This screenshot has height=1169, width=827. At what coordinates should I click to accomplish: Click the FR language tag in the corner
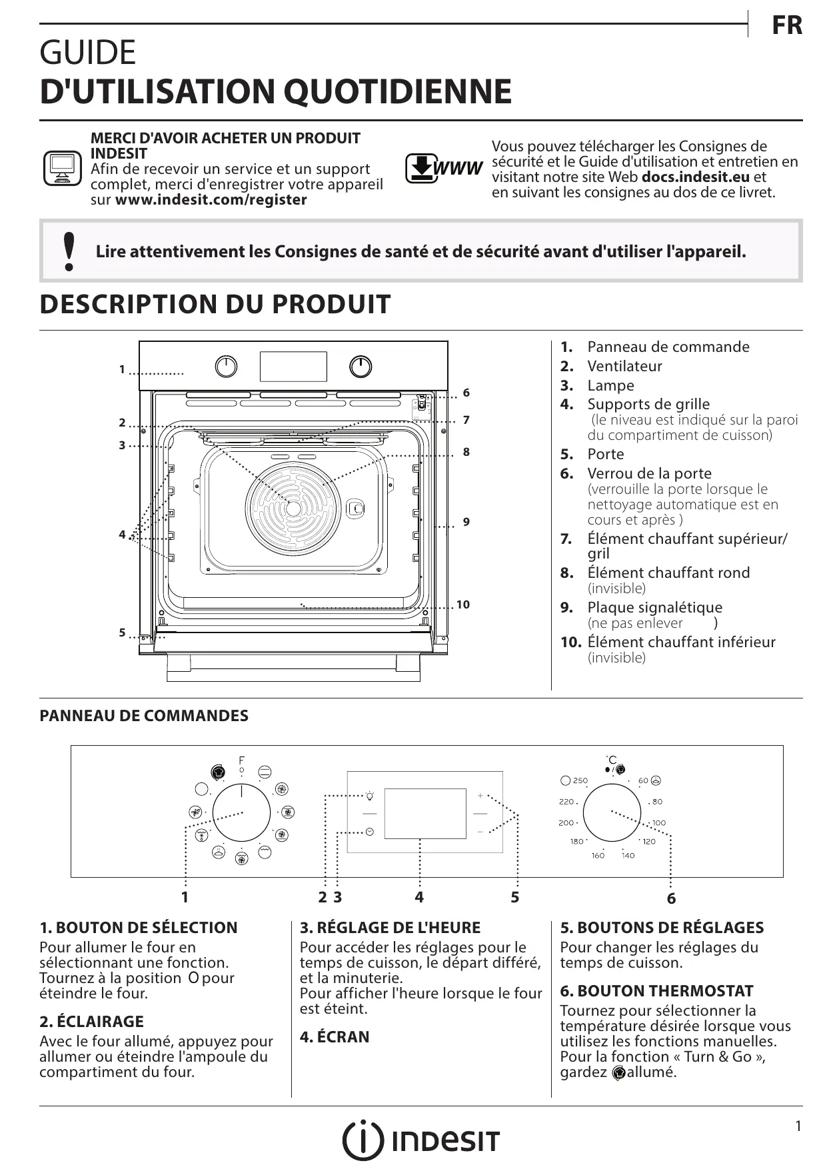click(x=787, y=26)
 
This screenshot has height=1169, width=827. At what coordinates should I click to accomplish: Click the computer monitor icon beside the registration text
click(x=62, y=169)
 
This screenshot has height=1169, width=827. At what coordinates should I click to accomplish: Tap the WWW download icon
click(x=443, y=169)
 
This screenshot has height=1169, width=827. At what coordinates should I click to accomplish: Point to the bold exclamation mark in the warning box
click(x=68, y=251)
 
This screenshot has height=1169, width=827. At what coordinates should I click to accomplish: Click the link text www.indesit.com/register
click(x=211, y=200)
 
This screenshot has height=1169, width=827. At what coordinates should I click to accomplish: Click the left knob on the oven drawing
click(x=227, y=367)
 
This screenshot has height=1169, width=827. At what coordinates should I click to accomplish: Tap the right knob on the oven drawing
click(x=361, y=367)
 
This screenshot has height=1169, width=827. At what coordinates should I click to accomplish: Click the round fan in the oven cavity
click(x=293, y=508)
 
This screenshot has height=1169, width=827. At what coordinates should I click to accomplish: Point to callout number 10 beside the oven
click(x=463, y=604)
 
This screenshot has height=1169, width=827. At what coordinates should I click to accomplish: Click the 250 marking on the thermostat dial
click(x=580, y=780)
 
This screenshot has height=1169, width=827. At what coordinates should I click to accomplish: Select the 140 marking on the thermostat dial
click(x=628, y=855)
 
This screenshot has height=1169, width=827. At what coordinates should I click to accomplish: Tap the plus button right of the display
click(x=480, y=796)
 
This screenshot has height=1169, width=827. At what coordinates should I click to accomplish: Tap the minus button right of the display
click(x=480, y=832)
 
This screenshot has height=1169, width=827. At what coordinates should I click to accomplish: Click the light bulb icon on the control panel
click(x=370, y=795)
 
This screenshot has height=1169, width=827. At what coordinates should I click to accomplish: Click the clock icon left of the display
click(x=369, y=832)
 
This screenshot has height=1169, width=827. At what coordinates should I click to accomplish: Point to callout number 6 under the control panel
click(x=671, y=898)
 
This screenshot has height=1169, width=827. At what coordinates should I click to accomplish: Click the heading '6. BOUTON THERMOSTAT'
click(x=656, y=991)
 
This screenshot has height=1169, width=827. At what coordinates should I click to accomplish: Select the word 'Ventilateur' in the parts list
click(x=624, y=366)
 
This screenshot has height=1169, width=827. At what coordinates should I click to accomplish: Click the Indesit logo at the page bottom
click(x=420, y=1141)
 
